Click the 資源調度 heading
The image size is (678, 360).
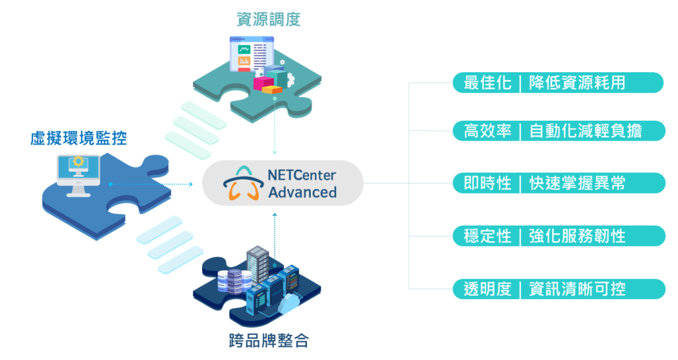[268, 20]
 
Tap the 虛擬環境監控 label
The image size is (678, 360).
[78, 139]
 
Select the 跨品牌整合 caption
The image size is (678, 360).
[268, 342]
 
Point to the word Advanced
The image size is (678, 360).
[302, 193]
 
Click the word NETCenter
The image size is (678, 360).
[302, 176]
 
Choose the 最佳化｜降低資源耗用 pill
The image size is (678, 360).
[558, 83]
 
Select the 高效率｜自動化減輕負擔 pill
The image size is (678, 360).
[558, 130]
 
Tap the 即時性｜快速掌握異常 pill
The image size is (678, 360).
[558, 183]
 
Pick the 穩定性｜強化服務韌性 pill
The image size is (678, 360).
[558, 235]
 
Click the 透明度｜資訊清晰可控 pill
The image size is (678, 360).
[558, 289]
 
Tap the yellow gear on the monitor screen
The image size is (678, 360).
[78, 162]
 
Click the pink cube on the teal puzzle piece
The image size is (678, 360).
[263, 83]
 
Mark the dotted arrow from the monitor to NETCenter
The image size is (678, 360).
[152, 184]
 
